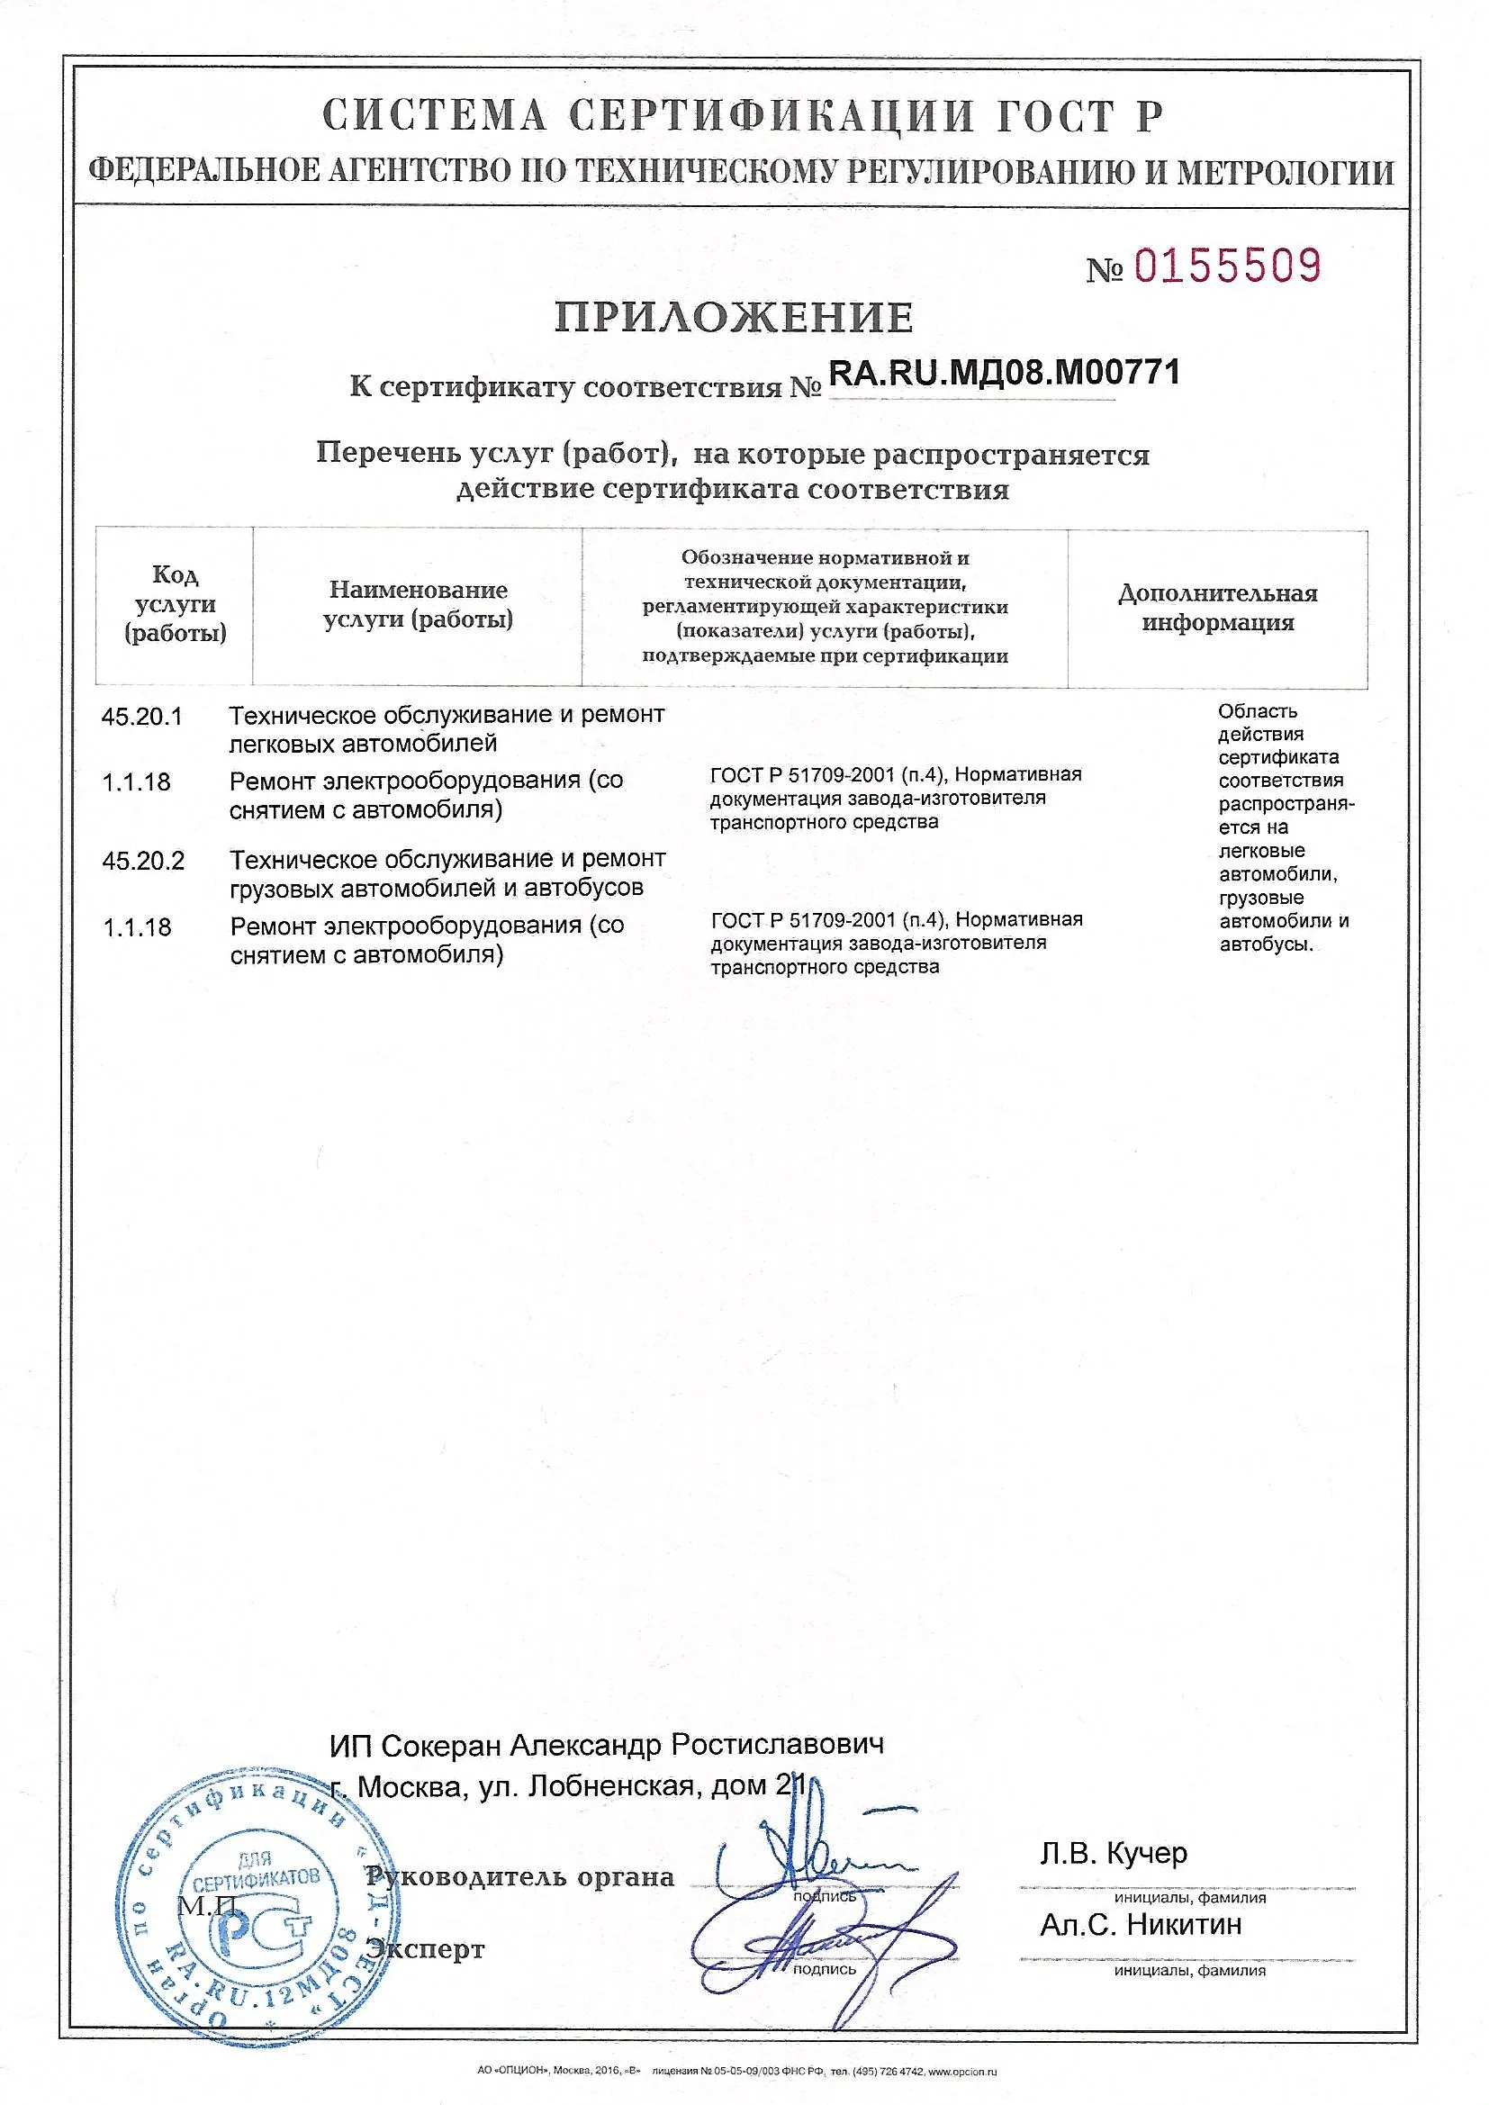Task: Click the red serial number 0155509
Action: pos(1228,266)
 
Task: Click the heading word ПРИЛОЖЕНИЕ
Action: pos(734,317)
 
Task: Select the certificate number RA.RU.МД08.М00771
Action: pos(1004,373)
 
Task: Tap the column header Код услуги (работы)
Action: pos(175,604)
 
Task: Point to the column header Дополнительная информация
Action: pos(1217,608)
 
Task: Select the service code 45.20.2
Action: pos(143,861)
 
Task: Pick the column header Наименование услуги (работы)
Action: pos(418,604)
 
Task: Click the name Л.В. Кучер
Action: pos(1113,1854)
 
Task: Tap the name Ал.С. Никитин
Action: pos(1140,1924)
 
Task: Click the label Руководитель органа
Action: pos(519,1876)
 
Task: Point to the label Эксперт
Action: pos(426,1949)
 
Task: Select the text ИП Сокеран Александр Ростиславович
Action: pos(606,1745)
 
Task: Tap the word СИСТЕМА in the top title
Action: pos(434,116)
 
